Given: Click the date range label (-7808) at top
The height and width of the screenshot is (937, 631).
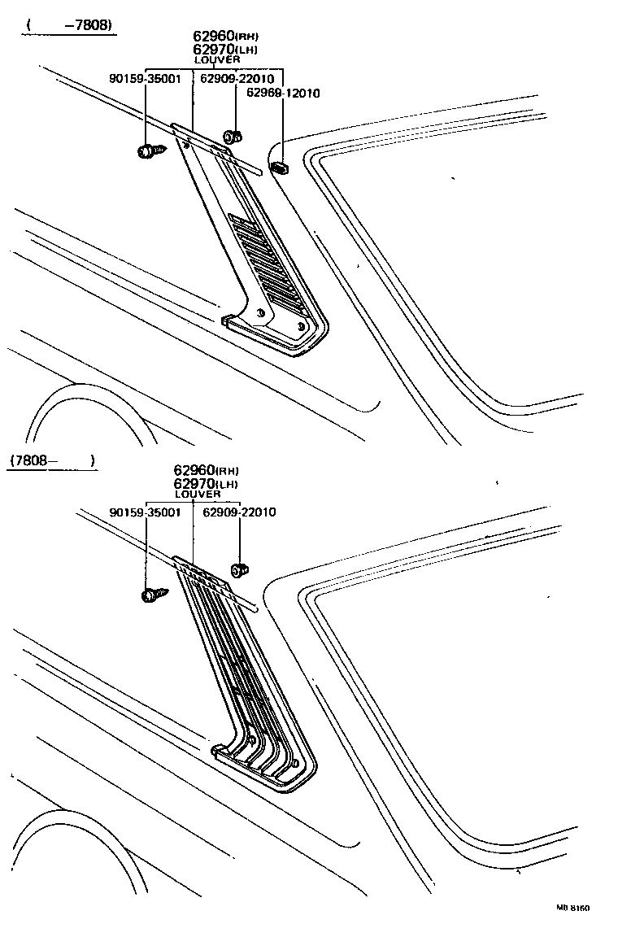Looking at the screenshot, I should (x=68, y=25).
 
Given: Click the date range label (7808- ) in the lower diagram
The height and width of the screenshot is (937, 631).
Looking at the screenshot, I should (x=52, y=460).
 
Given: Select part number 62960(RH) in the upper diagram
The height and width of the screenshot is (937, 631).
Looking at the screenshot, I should (x=225, y=36).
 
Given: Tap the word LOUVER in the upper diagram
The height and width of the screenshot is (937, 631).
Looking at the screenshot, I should (x=217, y=59).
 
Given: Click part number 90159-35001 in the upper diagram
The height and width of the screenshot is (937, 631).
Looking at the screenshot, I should (x=146, y=79).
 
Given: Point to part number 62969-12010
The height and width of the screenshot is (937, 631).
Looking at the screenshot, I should (x=278, y=93).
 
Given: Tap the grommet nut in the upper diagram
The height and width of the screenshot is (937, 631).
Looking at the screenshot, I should (x=231, y=136).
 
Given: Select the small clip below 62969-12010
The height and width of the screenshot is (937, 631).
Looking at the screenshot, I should (x=281, y=168).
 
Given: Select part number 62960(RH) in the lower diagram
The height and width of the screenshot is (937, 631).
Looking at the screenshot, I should (x=205, y=470).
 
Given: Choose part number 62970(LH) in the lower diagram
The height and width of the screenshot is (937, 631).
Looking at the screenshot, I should (x=205, y=483).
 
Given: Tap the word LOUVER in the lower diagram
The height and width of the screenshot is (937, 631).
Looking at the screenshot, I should (x=198, y=494).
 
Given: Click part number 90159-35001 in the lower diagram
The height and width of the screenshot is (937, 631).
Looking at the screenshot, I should (x=146, y=512).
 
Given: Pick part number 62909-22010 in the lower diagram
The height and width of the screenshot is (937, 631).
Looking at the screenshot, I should (x=239, y=512).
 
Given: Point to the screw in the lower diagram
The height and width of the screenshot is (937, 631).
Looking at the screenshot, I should (x=153, y=595).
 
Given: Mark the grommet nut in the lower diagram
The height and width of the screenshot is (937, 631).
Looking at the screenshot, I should (x=240, y=570).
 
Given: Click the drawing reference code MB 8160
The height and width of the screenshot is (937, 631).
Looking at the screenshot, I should (x=572, y=907).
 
